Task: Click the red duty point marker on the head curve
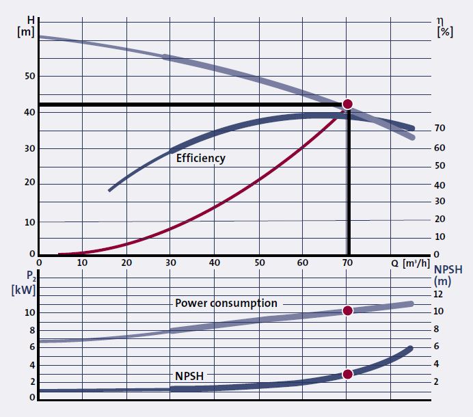(347, 104)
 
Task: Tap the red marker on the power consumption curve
(347, 310)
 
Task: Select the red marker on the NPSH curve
(347, 374)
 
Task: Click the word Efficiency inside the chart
(200, 158)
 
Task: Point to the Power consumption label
(226, 303)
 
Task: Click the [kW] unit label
(23, 288)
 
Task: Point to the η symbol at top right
(440, 21)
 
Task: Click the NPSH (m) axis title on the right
(446, 274)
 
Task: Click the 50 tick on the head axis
(29, 76)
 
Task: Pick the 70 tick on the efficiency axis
(440, 129)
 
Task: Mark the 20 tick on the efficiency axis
(440, 219)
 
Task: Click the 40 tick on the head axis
(29, 112)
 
